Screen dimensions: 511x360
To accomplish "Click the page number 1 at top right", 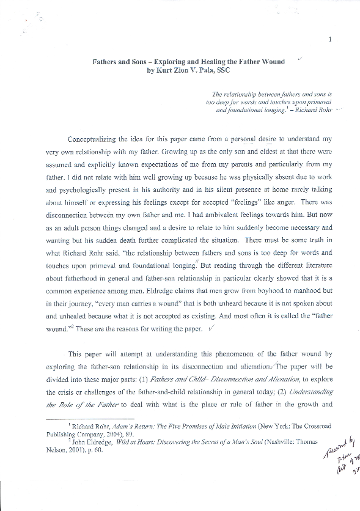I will click(x=329, y=40).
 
